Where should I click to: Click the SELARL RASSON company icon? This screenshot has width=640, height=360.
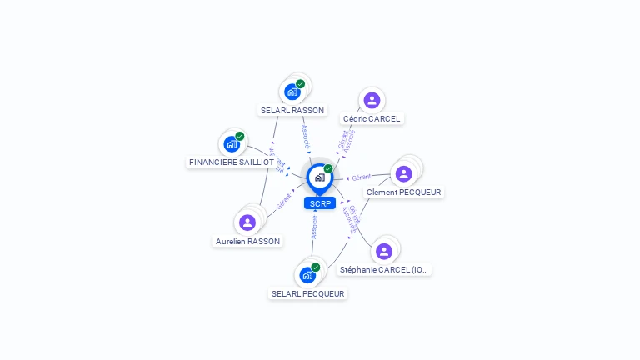(292, 92)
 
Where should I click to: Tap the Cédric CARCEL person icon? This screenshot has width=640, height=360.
(372, 101)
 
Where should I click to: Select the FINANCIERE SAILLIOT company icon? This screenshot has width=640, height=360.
(232, 144)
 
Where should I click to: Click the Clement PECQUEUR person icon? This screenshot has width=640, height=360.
(404, 173)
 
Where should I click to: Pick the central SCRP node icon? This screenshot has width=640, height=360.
(319, 177)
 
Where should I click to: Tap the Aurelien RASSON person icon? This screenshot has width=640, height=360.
(247, 222)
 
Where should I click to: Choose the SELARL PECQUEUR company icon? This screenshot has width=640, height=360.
(307, 275)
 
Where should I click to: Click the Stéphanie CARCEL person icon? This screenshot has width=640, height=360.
(383, 251)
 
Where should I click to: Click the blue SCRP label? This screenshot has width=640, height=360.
(320, 203)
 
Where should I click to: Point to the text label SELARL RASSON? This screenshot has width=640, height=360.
(292, 110)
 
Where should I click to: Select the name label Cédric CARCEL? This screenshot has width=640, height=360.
(372, 119)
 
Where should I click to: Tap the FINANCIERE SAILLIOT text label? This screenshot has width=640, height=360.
(232, 162)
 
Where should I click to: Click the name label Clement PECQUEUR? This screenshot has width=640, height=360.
(404, 192)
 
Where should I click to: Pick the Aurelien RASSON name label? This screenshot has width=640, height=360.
(247, 242)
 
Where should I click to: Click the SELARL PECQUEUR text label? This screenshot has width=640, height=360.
(307, 293)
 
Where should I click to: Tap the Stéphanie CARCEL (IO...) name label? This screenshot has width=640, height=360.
(384, 270)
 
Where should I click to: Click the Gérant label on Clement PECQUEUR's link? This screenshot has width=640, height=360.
(361, 177)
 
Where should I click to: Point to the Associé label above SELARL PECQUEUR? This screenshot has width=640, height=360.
(314, 227)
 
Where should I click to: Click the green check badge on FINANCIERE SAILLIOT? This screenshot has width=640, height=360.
(240, 136)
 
